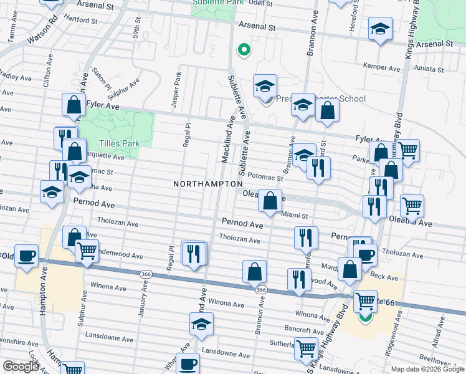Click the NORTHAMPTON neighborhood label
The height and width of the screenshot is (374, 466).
(207, 184)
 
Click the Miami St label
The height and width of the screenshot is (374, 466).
(295, 216)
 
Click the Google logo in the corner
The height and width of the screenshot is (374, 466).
(21, 367)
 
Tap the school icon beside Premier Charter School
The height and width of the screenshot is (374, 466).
(265, 87)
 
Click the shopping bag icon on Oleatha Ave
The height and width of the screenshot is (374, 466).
(270, 201)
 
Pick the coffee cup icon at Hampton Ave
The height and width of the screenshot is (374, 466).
(26, 256)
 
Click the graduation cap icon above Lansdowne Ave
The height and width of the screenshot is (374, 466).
(201, 324)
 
